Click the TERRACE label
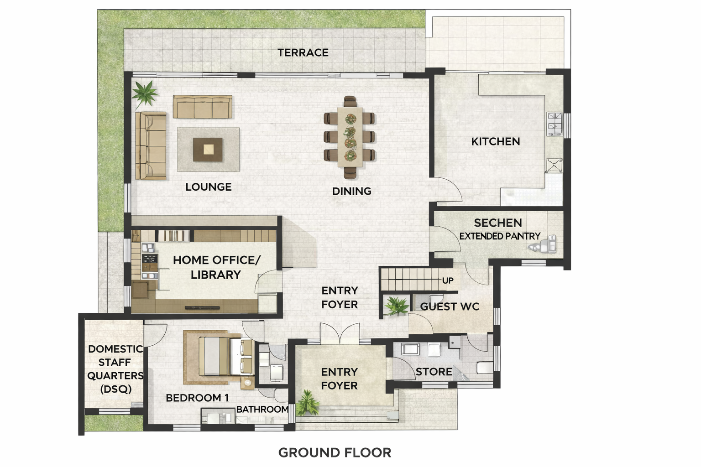[303, 52]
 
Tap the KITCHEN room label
[496, 141]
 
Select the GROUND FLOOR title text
[335, 452]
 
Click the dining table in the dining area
[350, 137]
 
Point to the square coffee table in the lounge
[208, 150]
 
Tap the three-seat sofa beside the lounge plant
[203, 107]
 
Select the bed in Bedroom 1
[225, 356]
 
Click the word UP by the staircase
[448, 280]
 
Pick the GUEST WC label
[450, 306]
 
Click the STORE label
[434, 372]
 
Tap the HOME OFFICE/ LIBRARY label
[217, 267]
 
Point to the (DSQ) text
[116, 389]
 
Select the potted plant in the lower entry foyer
[308, 403]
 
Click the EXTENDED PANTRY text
[500, 236]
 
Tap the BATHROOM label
[262, 409]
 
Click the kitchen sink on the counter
[554, 124]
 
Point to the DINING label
[352, 191]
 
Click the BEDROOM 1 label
[197, 398]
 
